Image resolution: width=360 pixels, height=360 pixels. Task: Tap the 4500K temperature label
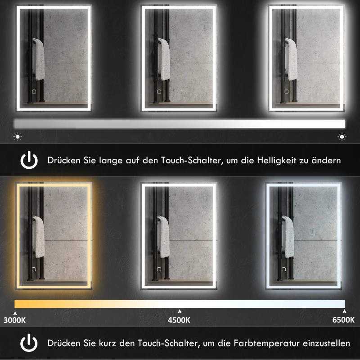pos(179,320)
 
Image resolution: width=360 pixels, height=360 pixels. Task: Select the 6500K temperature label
pos(343,320)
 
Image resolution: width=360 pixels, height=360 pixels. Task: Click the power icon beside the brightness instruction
pos(29,160)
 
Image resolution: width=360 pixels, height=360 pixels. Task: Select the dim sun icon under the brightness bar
pos(17,136)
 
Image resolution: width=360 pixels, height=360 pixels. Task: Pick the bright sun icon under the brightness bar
pos(342,136)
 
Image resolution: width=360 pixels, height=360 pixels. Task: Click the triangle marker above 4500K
pos(180,311)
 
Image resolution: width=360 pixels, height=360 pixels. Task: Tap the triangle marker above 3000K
pos(15,311)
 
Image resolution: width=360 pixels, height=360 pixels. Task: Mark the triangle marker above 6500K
pos(344,311)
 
